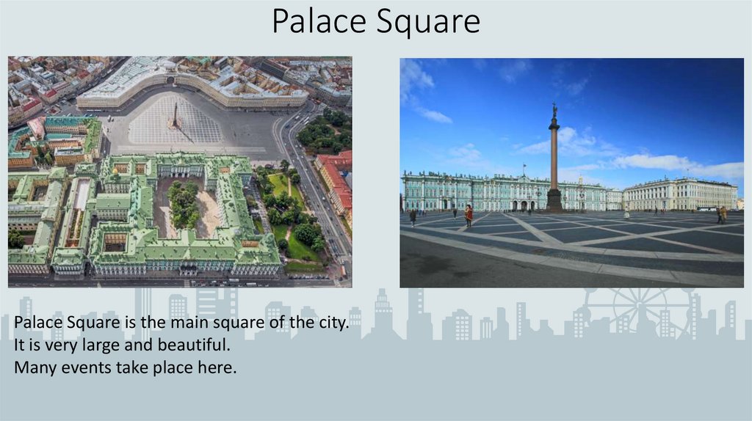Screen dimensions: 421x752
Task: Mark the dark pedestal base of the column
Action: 554,199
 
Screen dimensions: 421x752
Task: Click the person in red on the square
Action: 469,213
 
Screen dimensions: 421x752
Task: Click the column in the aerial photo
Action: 175,116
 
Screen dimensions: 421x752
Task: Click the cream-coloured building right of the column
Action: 679,194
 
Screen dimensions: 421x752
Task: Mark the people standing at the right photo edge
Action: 722,214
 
